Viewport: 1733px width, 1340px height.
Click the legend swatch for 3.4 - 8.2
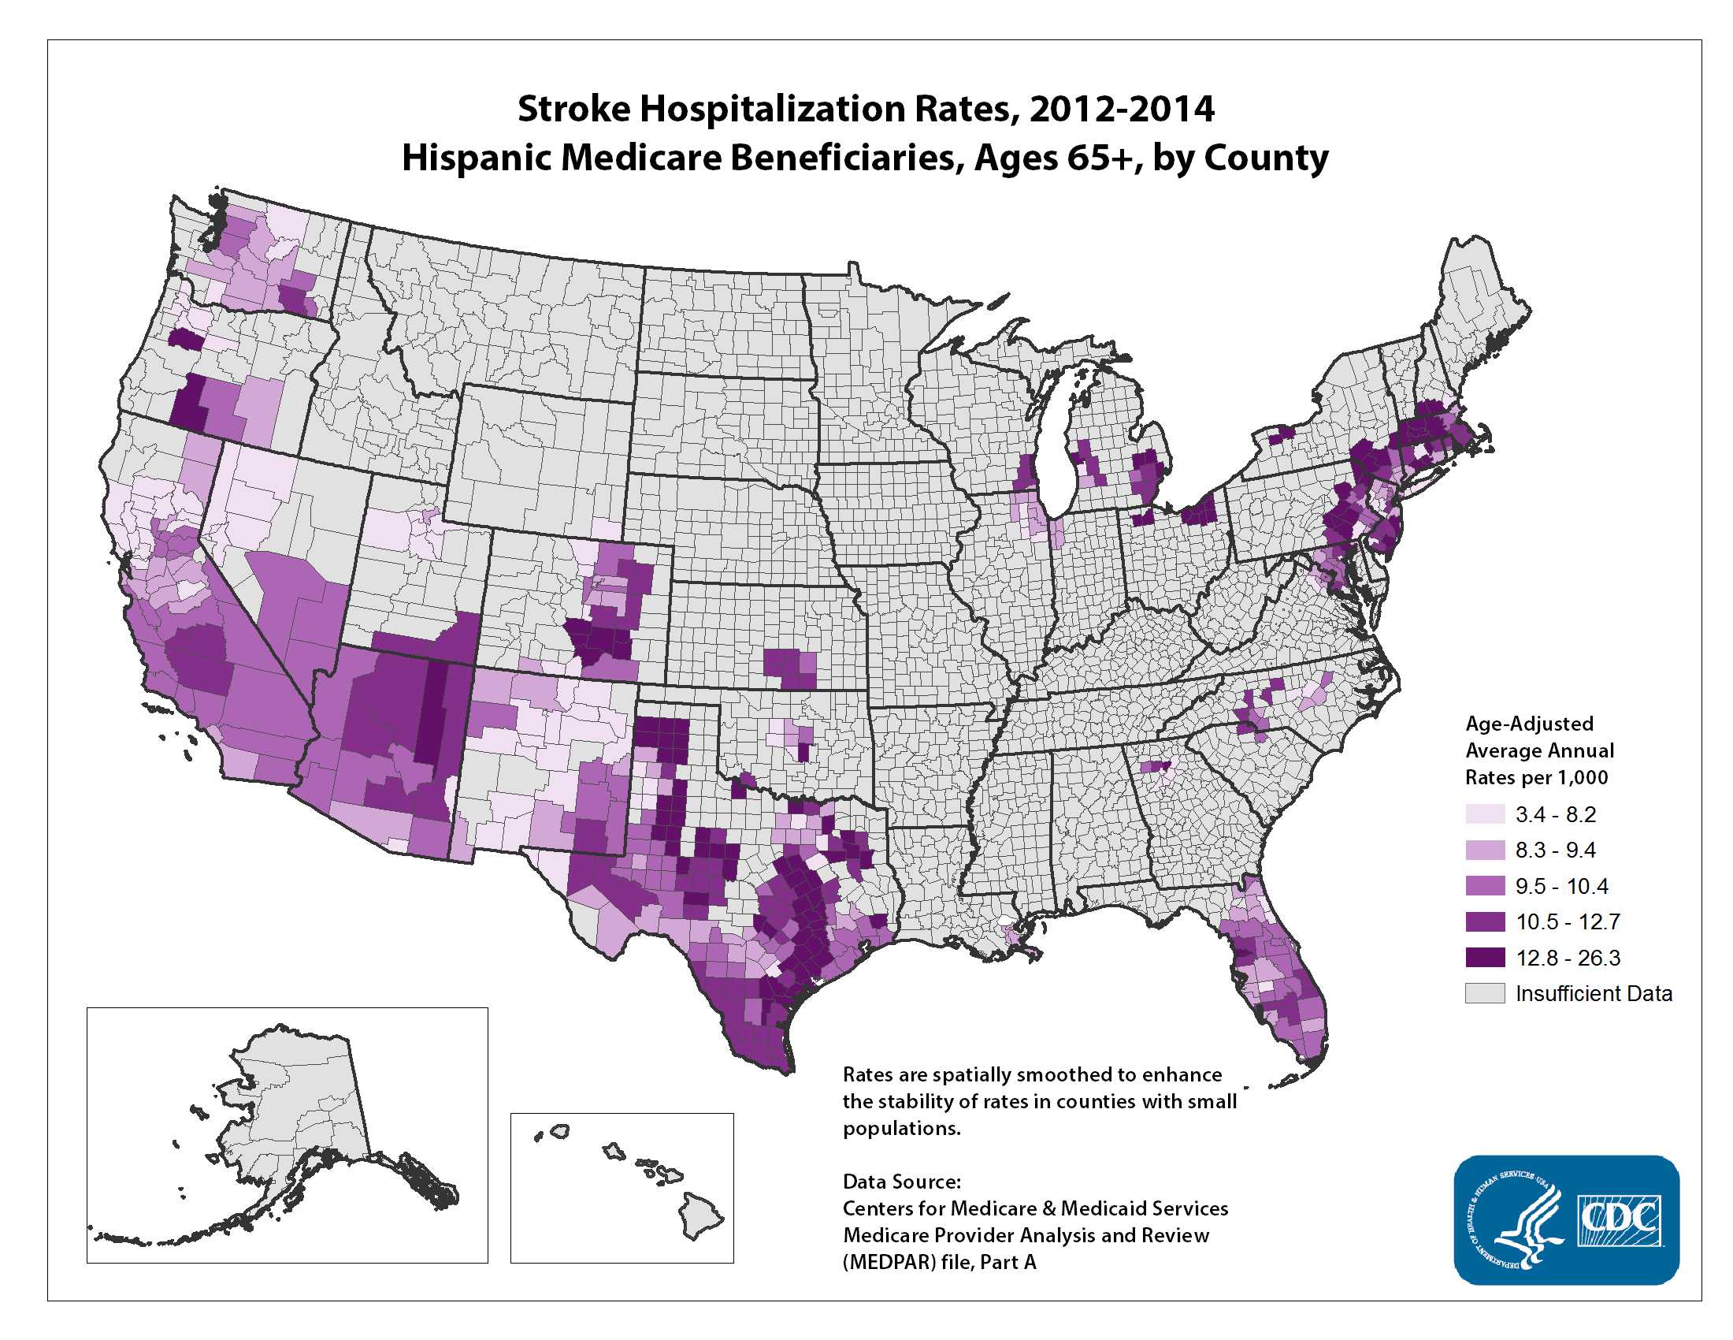[x=1485, y=813]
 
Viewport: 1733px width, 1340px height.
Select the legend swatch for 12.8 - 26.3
[x=1485, y=958]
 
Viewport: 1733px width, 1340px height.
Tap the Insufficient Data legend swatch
[x=1485, y=993]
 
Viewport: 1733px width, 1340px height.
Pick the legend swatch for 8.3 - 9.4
[x=1485, y=850]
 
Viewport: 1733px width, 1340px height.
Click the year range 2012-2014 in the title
[x=1121, y=109]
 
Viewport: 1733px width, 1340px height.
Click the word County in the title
[x=1266, y=157]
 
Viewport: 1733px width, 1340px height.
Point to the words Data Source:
[x=901, y=1182]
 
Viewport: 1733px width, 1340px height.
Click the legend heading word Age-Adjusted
[x=1528, y=723]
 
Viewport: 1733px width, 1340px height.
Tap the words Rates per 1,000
[x=1535, y=777]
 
